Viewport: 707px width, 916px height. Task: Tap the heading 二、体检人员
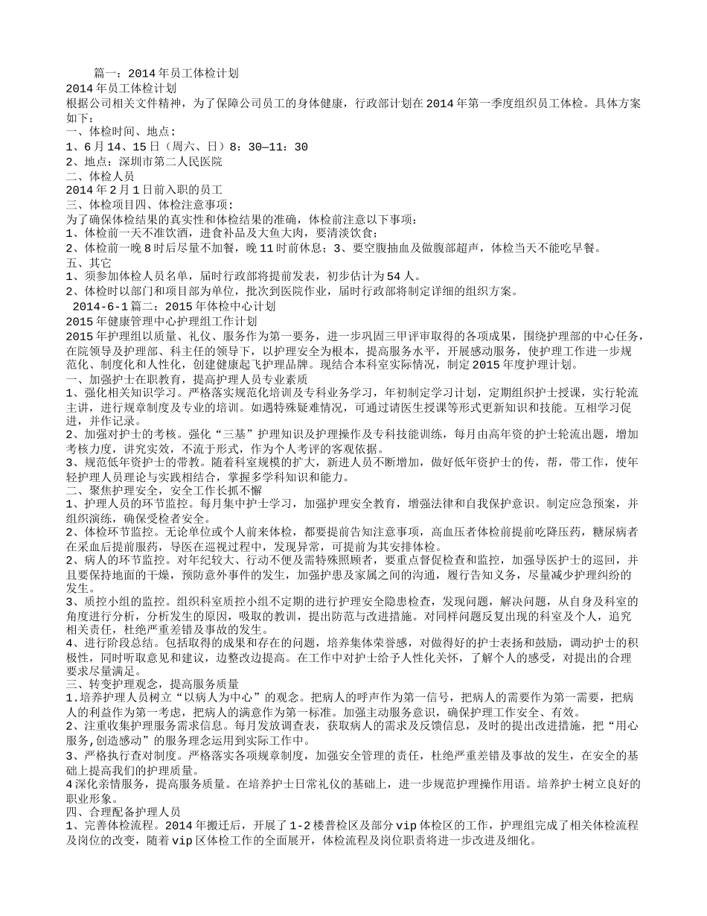pyautogui.click(x=100, y=176)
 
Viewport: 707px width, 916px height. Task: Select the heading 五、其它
pyautogui.click(x=89, y=262)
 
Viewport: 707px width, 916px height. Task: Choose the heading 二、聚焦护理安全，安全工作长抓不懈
pyautogui.click(x=164, y=490)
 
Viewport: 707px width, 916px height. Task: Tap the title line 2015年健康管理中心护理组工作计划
pyautogui.click(x=161, y=321)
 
